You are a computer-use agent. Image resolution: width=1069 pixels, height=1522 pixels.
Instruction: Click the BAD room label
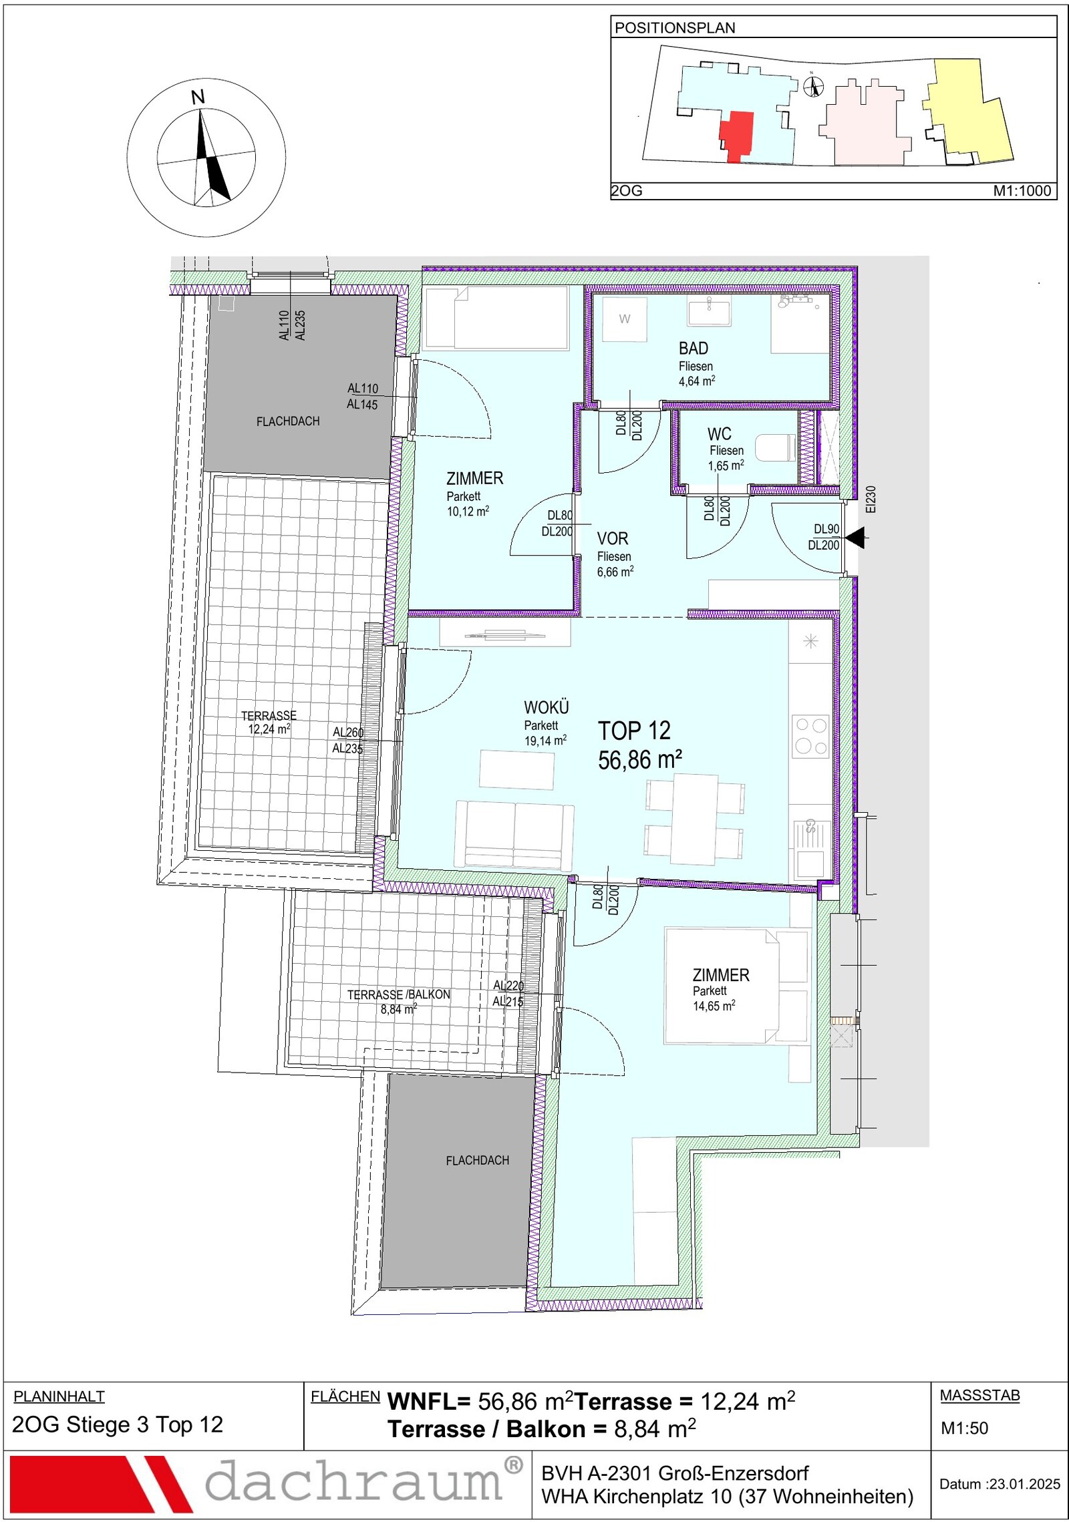(693, 348)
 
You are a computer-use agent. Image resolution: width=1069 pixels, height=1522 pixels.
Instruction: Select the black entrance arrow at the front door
(855, 537)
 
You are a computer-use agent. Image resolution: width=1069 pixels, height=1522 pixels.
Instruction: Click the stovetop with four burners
(810, 736)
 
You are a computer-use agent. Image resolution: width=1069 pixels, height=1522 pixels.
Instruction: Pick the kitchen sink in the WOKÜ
(810, 849)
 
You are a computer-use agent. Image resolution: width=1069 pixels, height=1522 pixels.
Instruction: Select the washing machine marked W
(624, 319)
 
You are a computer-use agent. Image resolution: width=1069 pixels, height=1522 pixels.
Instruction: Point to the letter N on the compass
(198, 98)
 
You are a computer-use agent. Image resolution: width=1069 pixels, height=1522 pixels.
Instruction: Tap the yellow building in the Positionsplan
(969, 111)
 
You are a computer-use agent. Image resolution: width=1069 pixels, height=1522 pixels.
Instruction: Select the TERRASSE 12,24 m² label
(269, 722)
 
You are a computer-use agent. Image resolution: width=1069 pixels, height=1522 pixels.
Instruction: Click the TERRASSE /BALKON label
(399, 994)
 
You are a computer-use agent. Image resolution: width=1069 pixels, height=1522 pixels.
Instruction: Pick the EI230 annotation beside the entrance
(870, 499)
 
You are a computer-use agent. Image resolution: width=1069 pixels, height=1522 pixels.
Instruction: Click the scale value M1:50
(964, 1428)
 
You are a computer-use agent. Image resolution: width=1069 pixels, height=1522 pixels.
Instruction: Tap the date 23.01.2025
(1025, 1484)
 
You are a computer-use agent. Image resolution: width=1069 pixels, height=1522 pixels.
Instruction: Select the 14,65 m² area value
(714, 1006)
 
